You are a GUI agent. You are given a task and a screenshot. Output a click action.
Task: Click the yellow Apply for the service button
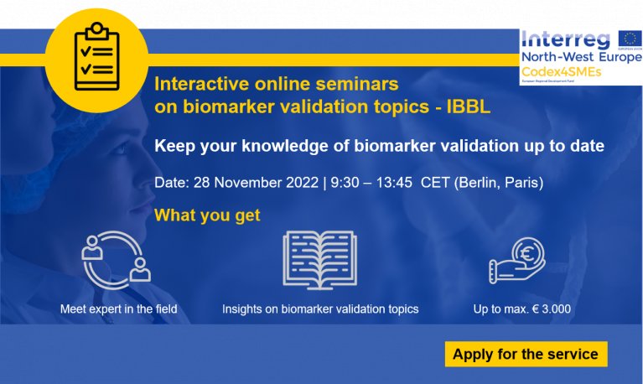pos(526,354)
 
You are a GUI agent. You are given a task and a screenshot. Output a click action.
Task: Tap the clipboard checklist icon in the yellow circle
pos(96,57)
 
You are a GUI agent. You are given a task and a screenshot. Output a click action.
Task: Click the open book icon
pos(320,260)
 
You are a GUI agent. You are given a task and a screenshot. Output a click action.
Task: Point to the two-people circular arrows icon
pos(116,260)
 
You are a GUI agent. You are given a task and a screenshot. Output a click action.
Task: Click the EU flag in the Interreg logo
pos(630,39)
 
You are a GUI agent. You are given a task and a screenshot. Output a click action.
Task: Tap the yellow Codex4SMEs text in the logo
pos(562,72)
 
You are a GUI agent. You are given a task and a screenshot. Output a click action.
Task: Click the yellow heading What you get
pos(207,215)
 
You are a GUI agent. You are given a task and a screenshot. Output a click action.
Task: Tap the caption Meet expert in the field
pos(119,309)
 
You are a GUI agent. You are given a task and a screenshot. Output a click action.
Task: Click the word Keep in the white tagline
pos(174,146)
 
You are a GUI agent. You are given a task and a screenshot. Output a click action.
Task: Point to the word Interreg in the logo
pos(567,39)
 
